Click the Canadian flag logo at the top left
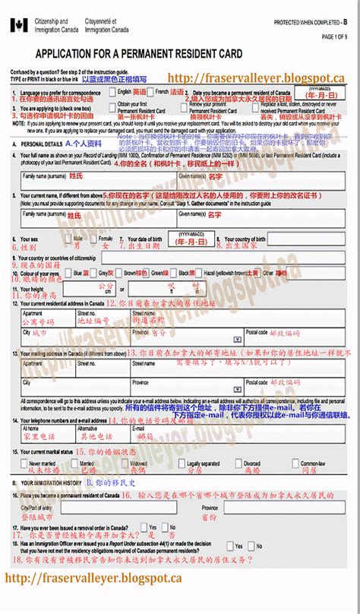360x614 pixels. [x=17, y=26]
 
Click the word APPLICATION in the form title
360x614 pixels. [x=66, y=54]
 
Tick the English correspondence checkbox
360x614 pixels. [x=113, y=91]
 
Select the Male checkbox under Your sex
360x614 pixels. [x=69, y=239]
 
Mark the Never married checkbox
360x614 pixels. [x=25, y=463]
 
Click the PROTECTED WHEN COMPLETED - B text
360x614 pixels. [x=313, y=24]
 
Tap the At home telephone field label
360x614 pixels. [x=31, y=429]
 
